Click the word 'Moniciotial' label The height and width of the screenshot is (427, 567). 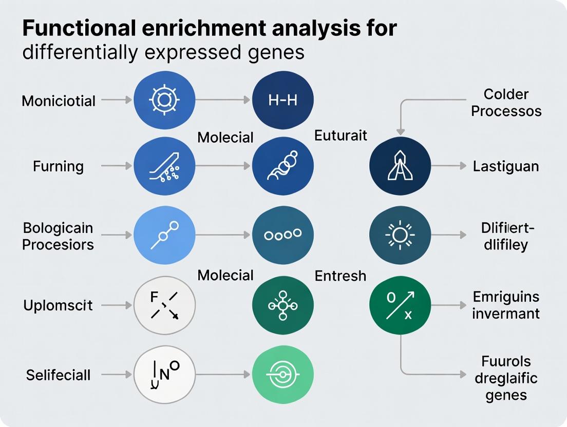[x=59, y=101]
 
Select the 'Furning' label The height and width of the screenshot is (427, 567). [x=58, y=166]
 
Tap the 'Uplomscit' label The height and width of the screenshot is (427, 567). [x=58, y=305]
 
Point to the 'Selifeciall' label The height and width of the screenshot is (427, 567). [x=58, y=375]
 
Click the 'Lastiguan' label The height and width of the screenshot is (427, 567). [x=506, y=166]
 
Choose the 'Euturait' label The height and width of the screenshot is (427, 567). [x=341, y=135]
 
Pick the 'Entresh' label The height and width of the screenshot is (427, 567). [x=341, y=276]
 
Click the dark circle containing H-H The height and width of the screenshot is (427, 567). [x=283, y=100]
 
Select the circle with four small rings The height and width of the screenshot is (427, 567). [x=283, y=235]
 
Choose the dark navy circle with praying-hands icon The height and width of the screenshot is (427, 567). [x=400, y=166]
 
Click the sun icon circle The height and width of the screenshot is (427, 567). [x=400, y=235]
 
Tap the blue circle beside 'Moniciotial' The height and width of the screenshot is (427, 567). [x=164, y=100]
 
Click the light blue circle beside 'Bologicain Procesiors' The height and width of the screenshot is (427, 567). [x=164, y=235]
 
